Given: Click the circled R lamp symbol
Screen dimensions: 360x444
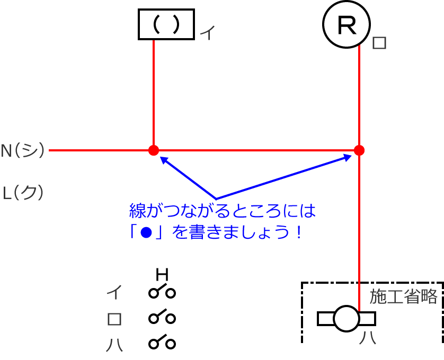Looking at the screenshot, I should tap(347, 24).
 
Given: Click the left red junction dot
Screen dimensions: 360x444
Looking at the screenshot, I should tap(154, 150).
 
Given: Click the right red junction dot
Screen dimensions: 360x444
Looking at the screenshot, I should tap(359, 150).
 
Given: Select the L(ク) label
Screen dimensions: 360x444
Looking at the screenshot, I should tap(23, 192).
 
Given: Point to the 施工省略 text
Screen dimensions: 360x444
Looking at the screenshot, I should tap(404, 296).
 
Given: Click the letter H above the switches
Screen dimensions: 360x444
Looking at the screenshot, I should tap(162, 274).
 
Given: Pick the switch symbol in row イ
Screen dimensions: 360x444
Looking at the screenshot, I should tap(162, 292).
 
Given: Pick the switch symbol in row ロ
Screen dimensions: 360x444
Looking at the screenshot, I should tap(162, 318).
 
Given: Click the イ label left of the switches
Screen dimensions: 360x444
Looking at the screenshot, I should tap(114, 292).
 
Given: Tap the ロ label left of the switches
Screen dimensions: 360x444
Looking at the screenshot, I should tap(114, 319).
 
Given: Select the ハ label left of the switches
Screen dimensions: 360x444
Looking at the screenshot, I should tap(114, 344).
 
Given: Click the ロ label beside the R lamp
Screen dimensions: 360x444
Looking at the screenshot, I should tap(379, 43).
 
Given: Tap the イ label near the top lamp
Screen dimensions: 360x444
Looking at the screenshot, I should tap(207, 34).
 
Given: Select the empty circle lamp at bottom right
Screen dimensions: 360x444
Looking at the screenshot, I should tap(347, 318).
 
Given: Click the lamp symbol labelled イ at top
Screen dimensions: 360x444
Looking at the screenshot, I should tap(166, 24).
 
